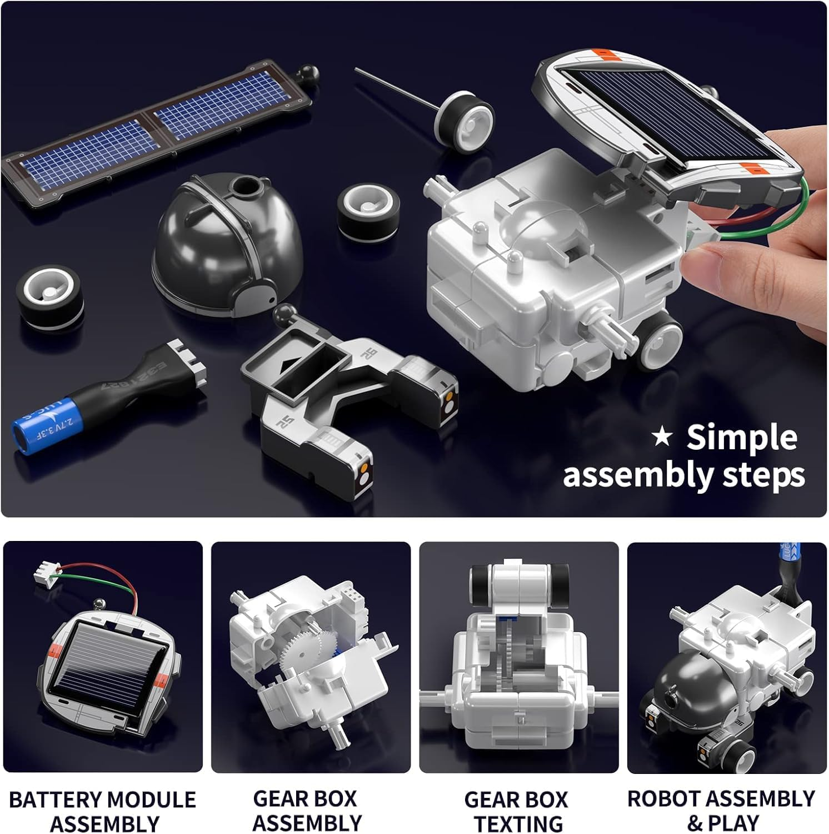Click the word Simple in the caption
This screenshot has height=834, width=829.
[x=742, y=438]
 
